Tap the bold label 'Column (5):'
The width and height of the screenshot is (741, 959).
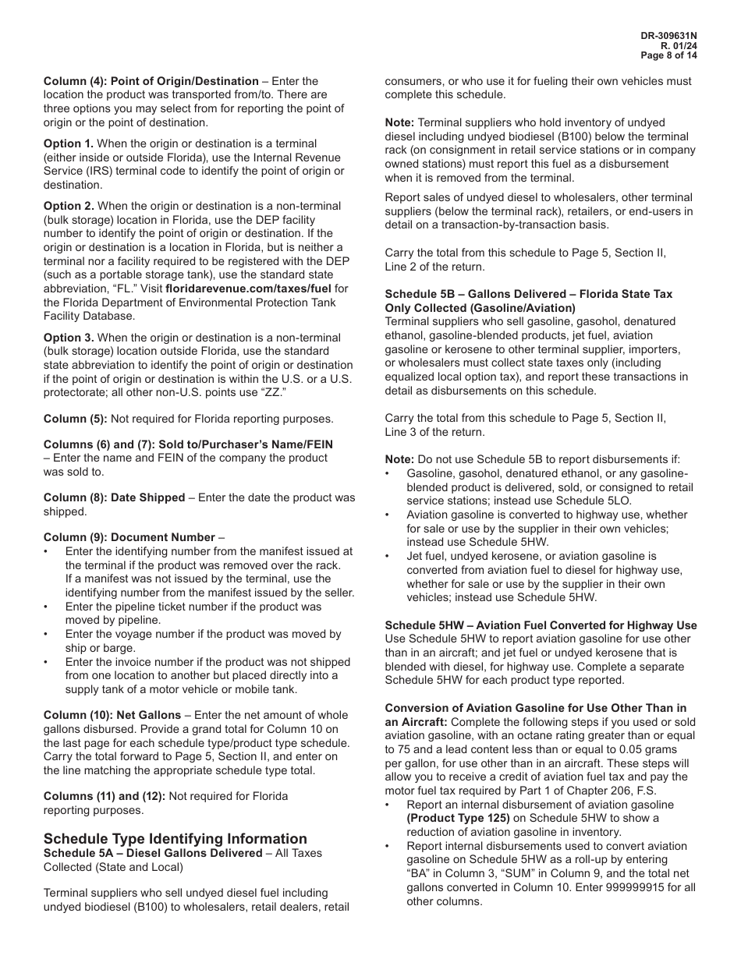76,419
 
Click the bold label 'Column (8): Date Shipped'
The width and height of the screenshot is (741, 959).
115,497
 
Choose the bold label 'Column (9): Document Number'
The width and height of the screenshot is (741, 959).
129,537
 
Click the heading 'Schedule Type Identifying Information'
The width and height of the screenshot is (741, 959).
175,839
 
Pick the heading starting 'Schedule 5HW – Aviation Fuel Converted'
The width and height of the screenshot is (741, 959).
541,625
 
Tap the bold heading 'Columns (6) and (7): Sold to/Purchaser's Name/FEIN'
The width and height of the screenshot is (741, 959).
188,444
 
